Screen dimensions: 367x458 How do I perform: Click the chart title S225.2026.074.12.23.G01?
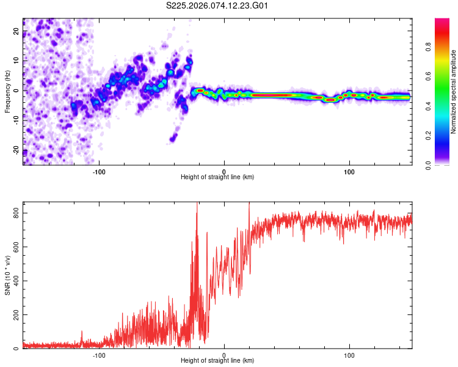tap(218, 6)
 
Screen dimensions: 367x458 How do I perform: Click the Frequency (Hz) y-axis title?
tap(7, 91)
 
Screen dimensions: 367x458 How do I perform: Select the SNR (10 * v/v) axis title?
tap(7, 278)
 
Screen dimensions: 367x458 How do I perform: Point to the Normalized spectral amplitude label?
tap(453, 92)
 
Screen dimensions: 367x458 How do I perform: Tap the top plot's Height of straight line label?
tap(218, 177)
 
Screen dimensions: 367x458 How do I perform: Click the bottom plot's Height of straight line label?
tap(218, 360)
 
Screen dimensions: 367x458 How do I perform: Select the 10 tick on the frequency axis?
tap(16, 61)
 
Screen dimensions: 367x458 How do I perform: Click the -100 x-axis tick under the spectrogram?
tap(100, 171)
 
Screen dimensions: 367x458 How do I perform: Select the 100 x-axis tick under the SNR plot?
tap(350, 354)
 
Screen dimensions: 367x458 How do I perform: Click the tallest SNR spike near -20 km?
tap(197, 205)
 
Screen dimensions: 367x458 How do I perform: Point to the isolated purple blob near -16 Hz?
tap(173, 137)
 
